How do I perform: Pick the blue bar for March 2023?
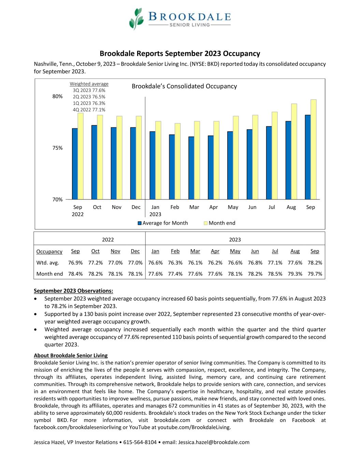191,168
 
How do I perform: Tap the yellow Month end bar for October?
100,157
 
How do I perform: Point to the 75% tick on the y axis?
57,148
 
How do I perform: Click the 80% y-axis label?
57,96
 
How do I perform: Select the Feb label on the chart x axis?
175,207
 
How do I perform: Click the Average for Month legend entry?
163,223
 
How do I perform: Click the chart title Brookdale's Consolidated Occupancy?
184,86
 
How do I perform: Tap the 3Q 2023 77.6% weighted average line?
89,90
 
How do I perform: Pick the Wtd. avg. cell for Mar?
195,263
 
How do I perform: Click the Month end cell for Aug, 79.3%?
295,274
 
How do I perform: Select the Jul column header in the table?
275,251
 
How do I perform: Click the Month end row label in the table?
49,274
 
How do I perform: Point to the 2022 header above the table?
108,240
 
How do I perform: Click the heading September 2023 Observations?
73,291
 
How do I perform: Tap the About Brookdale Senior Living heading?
71,355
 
